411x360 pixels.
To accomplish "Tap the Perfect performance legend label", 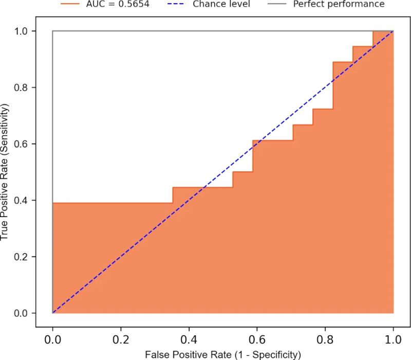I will (339, 4).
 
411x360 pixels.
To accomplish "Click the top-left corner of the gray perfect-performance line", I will (52, 31).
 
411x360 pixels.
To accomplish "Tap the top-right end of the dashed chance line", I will (393, 31).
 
